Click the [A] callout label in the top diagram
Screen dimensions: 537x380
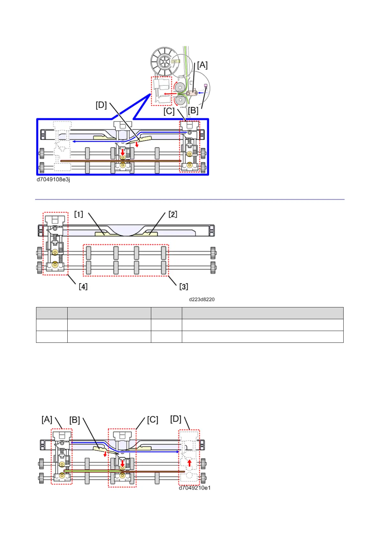[x=202, y=65]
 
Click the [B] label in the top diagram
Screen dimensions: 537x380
[x=193, y=111]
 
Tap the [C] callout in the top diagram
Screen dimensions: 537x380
[x=169, y=111]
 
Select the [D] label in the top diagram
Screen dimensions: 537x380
[x=101, y=105]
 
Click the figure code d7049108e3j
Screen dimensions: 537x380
[x=53, y=180]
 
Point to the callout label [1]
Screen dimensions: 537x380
[x=78, y=214]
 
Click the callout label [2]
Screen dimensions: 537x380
[x=173, y=214]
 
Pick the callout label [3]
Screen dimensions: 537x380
[x=183, y=286]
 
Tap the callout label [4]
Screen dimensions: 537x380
[x=83, y=286]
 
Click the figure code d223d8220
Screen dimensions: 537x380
[x=202, y=299]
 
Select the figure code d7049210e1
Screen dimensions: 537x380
[x=195, y=488]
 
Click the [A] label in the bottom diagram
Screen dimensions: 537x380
[x=47, y=419]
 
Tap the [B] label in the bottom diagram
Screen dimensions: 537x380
[x=75, y=420]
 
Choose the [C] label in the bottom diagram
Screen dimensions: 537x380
[x=153, y=420]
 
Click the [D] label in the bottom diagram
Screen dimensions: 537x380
[x=176, y=419]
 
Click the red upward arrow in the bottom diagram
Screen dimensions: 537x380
[x=190, y=463]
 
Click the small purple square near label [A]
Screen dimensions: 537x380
[x=206, y=85]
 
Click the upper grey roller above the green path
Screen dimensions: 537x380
[x=180, y=87]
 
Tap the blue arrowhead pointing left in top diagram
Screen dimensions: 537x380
[x=73, y=141]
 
